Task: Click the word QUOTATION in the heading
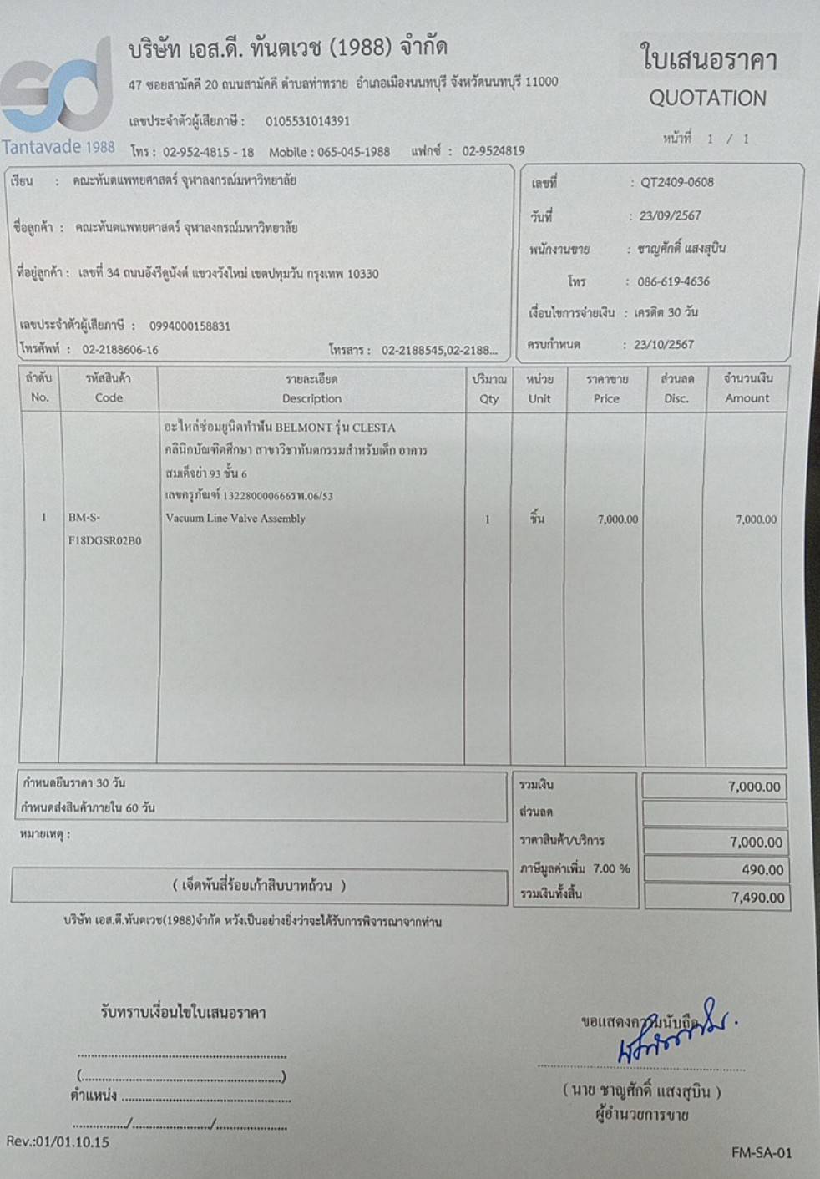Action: tap(707, 99)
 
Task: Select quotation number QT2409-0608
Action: tap(676, 182)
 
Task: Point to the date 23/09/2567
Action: tap(670, 215)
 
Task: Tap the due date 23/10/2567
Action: tap(663, 344)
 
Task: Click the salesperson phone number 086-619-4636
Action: tap(673, 281)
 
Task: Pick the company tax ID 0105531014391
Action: tap(307, 121)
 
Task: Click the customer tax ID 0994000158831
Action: tap(190, 326)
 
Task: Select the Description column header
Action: tap(311, 398)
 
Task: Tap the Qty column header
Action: tap(489, 398)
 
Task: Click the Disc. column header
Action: tap(676, 398)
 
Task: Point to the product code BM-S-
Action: tap(84, 518)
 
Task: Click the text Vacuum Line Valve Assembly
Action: tap(235, 519)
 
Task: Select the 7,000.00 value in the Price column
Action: tap(617, 519)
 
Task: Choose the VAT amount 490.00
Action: tap(762, 869)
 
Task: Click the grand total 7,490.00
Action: tap(757, 898)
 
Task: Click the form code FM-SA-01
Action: tap(761, 1153)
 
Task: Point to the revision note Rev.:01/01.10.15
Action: tap(58, 1141)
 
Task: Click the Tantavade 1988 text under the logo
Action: tap(58, 147)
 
